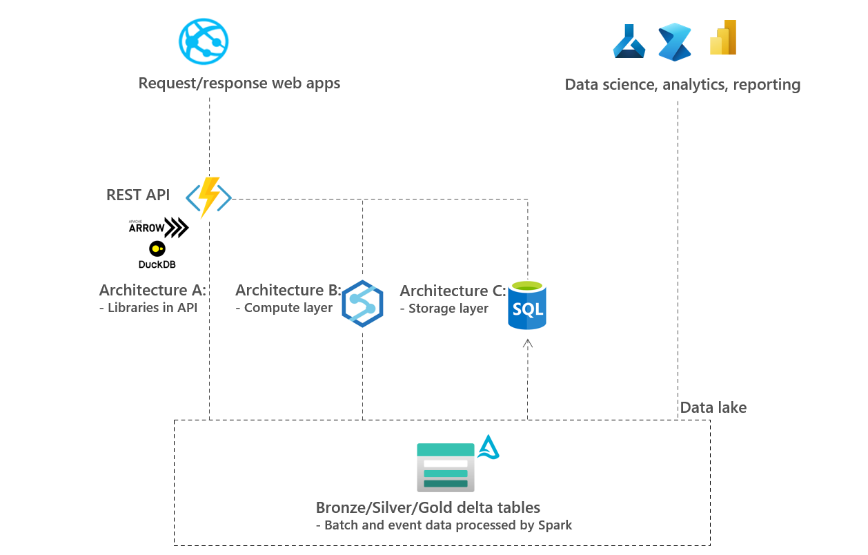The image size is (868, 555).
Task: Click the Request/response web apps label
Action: coord(239,84)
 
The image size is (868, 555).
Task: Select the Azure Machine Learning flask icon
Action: coord(629,41)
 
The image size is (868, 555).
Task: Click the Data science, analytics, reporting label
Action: coord(682,85)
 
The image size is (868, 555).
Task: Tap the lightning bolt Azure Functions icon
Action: coord(208,197)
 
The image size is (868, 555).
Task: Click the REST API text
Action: coord(138,195)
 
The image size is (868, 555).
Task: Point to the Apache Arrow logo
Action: coord(158,228)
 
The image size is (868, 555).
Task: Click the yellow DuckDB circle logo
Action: coord(157,249)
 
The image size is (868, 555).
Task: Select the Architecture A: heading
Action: coord(152,290)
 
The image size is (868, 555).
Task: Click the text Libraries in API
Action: coord(152,308)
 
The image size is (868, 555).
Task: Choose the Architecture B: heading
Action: coord(288,290)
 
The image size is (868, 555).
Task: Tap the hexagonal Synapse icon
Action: coord(362,303)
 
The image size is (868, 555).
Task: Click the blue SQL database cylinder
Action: coord(527,306)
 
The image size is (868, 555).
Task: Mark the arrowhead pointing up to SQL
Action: coord(528,342)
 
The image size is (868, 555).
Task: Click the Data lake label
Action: coord(713,407)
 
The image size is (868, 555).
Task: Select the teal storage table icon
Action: coord(446,467)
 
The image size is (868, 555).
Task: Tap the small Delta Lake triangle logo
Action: coord(489,447)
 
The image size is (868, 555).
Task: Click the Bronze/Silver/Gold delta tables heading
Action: coord(428,508)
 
